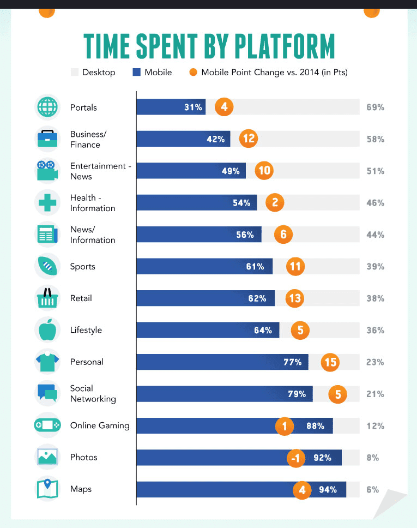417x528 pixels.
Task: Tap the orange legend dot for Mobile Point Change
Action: (x=193, y=72)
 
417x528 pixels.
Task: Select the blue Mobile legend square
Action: (x=137, y=72)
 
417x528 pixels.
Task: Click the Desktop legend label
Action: (x=99, y=72)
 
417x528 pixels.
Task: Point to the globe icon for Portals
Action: (x=47, y=107)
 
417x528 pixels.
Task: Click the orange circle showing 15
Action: (x=330, y=362)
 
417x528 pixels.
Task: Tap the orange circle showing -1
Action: (x=295, y=458)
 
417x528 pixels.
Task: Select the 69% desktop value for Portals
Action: (x=375, y=107)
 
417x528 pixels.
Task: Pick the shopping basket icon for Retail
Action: (x=47, y=298)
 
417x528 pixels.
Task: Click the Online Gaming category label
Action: (x=100, y=425)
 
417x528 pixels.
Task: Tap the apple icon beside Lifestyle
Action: (x=47, y=329)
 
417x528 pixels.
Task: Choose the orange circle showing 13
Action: (x=295, y=298)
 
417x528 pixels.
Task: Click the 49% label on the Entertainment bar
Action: (x=231, y=171)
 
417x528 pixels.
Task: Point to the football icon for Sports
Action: (x=47, y=266)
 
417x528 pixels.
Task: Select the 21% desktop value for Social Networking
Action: (x=375, y=394)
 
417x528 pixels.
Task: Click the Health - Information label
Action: (x=93, y=203)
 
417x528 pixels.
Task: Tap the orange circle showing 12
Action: (x=249, y=139)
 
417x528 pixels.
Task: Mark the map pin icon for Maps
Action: (x=47, y=489)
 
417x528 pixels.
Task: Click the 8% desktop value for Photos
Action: (x=373, y=458)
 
